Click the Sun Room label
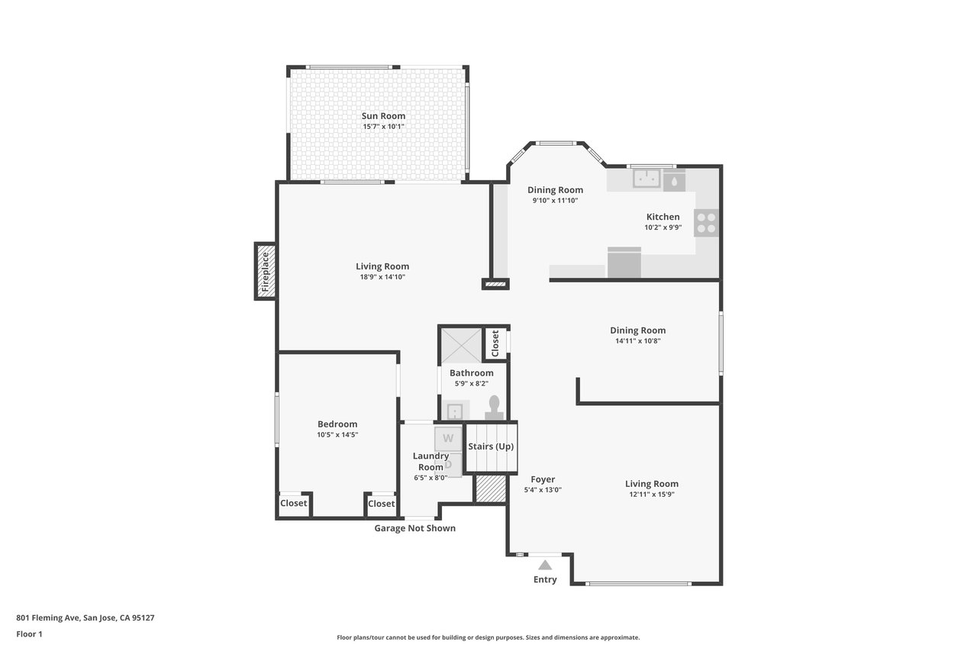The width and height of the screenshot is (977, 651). [x=383, y=116]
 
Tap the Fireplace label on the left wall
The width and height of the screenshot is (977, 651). [x=265, y=272]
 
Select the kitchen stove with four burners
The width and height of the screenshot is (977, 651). [x=706, y=223]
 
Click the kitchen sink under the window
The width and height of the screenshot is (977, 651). [x=646, y=179]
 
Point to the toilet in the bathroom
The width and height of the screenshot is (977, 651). [x=494, y=408]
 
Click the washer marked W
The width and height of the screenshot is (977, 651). [x=448, y=439]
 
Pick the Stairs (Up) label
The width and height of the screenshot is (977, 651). [x=491, y=446]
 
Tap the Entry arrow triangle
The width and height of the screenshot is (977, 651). [x=545, y=565]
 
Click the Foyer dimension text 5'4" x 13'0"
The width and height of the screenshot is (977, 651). [x=543, y=490]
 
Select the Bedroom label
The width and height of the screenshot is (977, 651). [x=337, y=424]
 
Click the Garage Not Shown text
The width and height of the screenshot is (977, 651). [x=414, y=528]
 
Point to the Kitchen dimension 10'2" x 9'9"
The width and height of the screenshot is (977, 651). [x=663, y=227]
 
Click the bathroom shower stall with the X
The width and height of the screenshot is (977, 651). [x=461, y=346]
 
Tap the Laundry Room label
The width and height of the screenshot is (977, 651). [x=431, y=461]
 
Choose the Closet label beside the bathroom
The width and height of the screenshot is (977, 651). [x=495, y=343]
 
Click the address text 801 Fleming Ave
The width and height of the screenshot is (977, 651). [x=48, y=618]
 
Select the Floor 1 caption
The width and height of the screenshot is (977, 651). [x=29, y=634]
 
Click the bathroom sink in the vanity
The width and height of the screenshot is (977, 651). [x=454, y=411]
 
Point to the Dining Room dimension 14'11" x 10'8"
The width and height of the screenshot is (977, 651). [x=637, y=341]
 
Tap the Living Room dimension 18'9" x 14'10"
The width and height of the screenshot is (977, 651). [x=382, y=277]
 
